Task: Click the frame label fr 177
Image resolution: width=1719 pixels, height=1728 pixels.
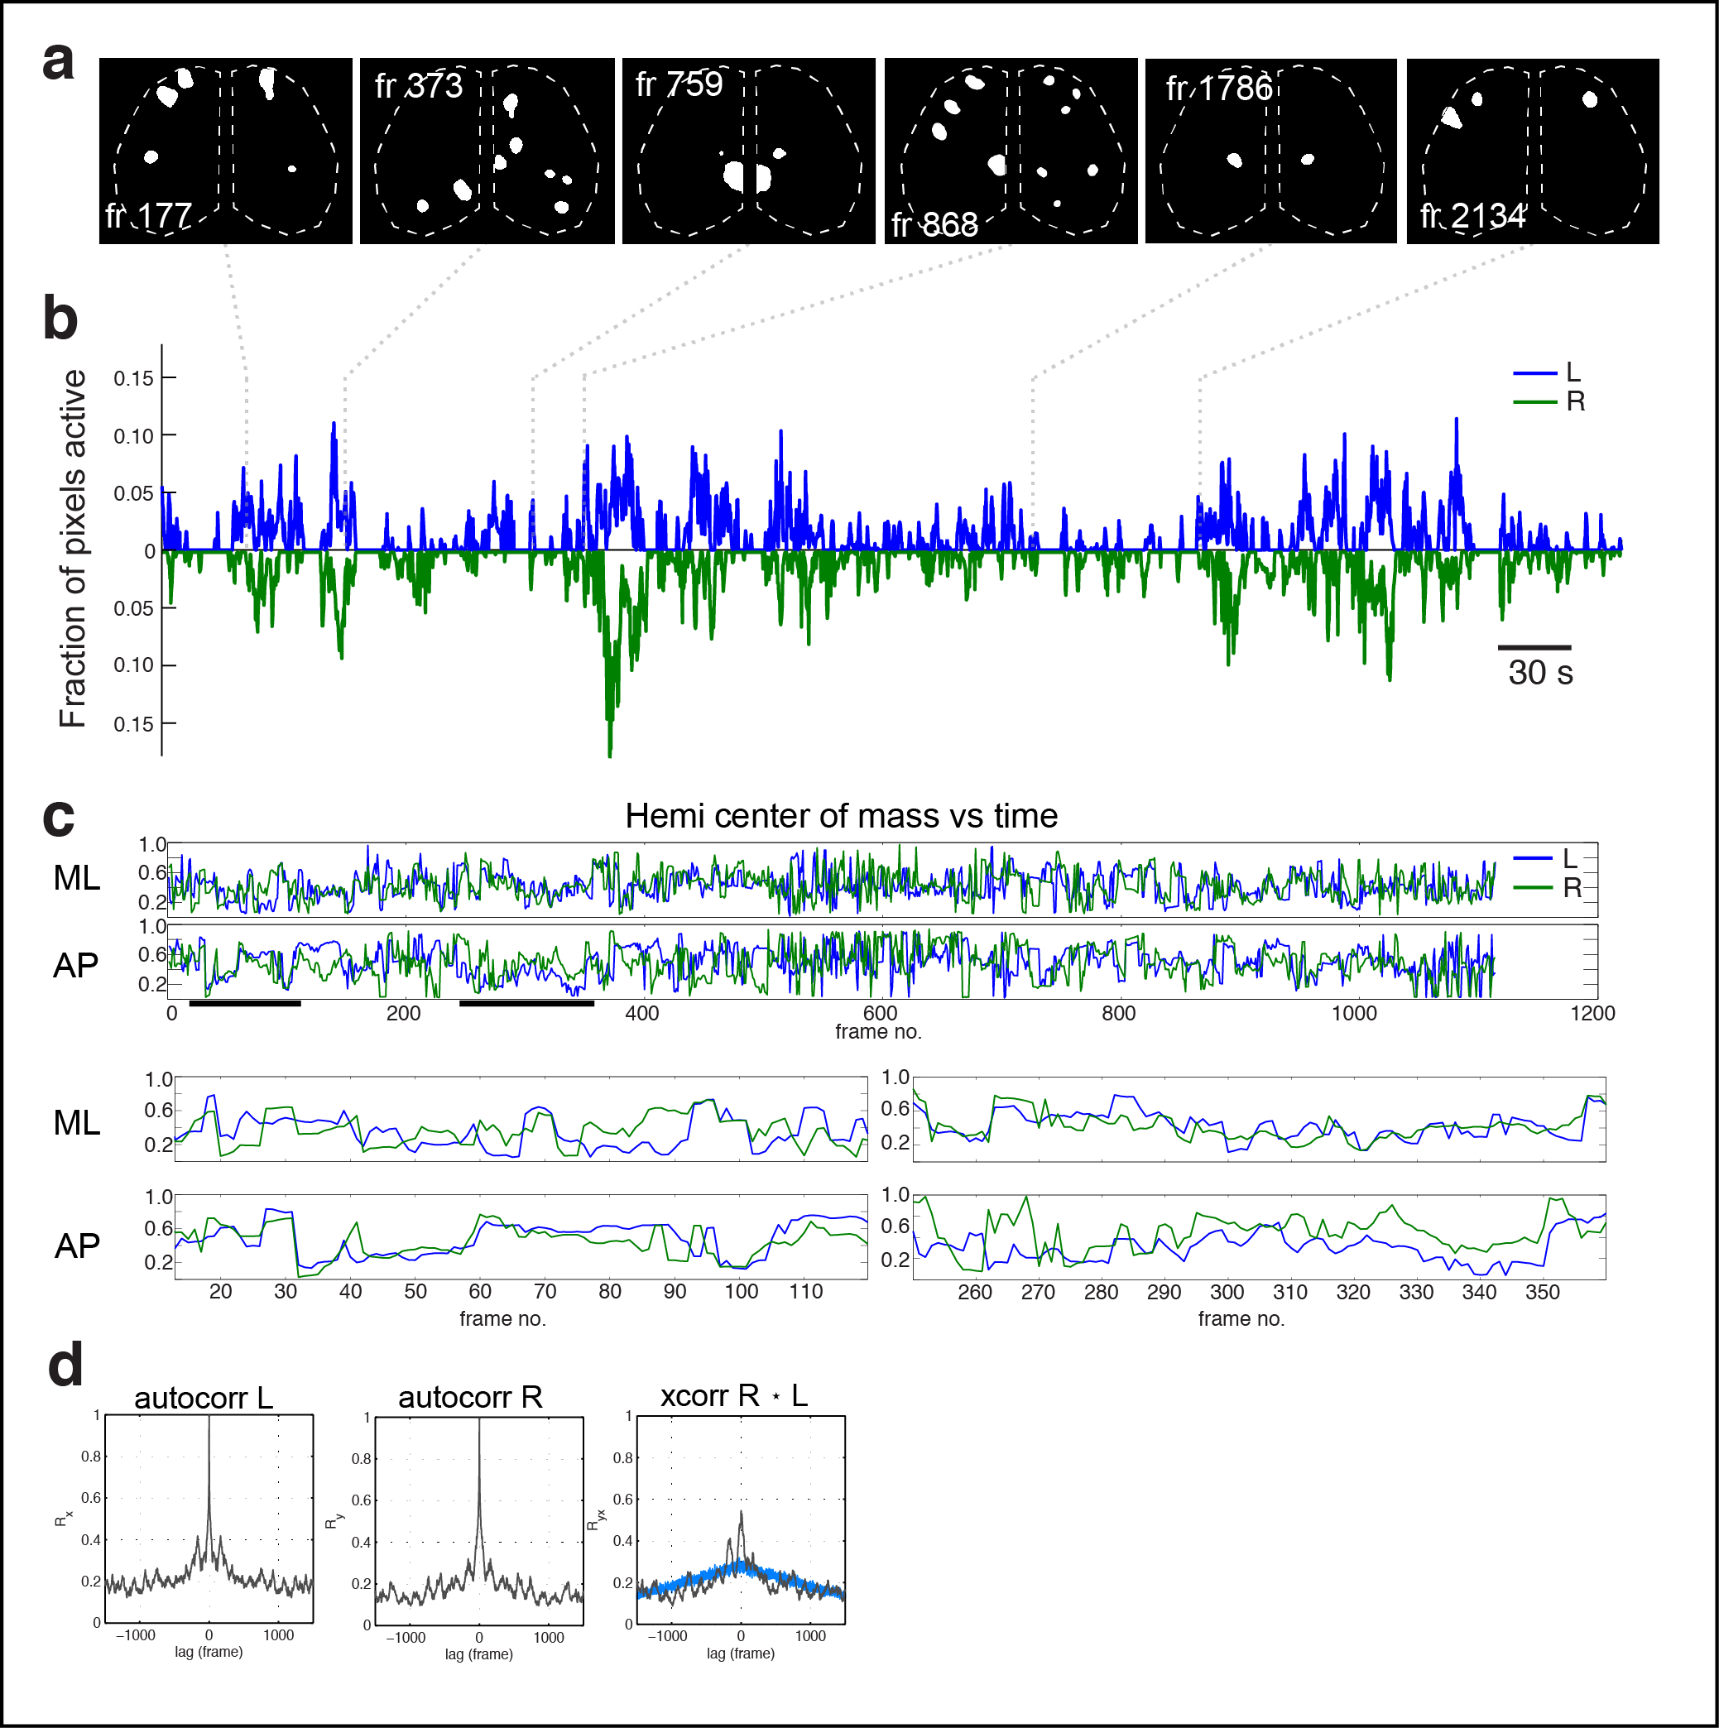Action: [x=148, y=215]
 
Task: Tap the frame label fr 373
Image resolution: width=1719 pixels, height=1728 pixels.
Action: [x=419, y=86]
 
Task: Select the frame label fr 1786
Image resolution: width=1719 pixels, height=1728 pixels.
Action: [x=1218, y=89]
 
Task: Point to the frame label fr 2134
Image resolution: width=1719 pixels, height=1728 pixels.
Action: [x=1472, y=215]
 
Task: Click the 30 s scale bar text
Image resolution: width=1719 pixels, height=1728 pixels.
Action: [x=1539, y=673]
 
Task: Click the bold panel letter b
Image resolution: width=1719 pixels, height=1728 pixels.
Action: [x=60, y=319]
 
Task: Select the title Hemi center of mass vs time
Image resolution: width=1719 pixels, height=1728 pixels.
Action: [x=841, y=816]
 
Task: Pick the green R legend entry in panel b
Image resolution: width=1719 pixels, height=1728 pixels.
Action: [x=1548, y=401]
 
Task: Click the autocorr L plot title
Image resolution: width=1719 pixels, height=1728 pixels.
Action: [x=204, y=1398]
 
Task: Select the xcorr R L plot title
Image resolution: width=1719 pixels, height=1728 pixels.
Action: [x=733, y=1395]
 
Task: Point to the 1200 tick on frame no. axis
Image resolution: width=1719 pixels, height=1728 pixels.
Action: [x=1592, y=1013]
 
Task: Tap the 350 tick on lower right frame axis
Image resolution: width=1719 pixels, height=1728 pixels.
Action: [x=1542, y=1293]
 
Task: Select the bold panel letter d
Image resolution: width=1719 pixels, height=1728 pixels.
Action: [x=65, y=1366]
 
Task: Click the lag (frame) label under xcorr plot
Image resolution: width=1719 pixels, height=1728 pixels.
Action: [x=741, y=1654]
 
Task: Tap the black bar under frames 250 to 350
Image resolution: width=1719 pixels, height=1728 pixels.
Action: [x=526, y=1004]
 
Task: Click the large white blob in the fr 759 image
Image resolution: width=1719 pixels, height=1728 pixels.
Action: [x=734, y=176]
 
